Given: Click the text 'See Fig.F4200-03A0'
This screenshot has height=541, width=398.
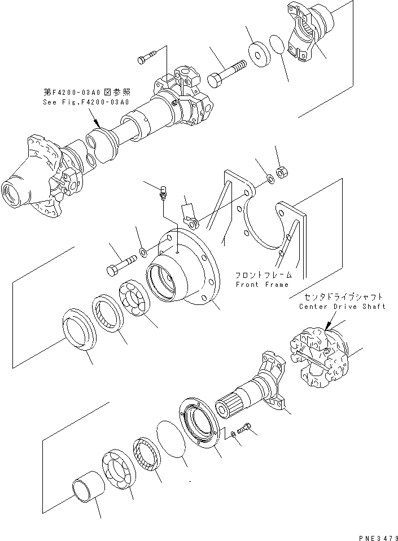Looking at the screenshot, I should click(x=86, y=102).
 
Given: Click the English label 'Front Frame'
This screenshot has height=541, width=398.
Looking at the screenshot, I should click(x=262, y=285).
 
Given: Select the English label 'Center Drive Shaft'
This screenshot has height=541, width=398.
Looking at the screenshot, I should click(x=343, y=306).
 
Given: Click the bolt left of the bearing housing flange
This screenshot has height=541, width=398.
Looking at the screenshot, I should click(x=119, y=265).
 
